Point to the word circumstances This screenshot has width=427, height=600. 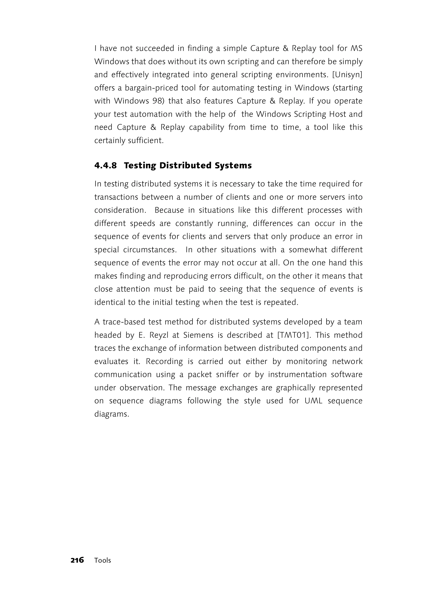[150, 250]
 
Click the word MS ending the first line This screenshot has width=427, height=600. [357, 48]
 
